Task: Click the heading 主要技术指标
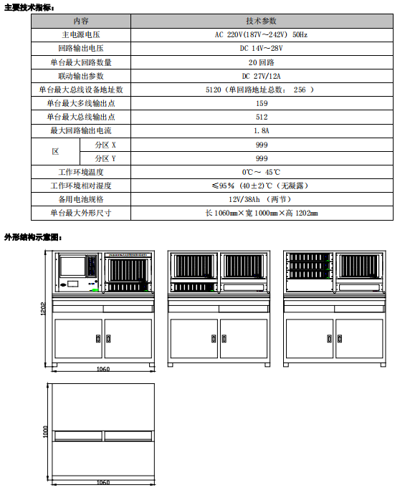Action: click(x=29, y=7)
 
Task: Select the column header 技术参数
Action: click(x=261, y=21)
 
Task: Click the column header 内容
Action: click(x=81, y=21)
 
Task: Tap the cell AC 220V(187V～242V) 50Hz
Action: click(x=261, y=34)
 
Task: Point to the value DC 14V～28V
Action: click(x=261, y=48)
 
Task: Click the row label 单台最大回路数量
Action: click(x=81, y=62)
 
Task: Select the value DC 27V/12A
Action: click(x=261, y=76)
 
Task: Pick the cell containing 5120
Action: click(x=261, y=90)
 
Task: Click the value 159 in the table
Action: click(x=261, y=103)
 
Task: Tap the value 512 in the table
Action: click(x=261, y=117)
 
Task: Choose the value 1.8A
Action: click(x=261, y=131)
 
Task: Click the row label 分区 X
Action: click(x=105, y=145)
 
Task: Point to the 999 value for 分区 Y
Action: click(x=261, y=158)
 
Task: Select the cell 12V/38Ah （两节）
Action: click(x=261, y=199)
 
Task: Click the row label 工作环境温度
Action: click(x=81, y=172)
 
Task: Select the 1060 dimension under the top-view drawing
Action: click(x=103, y=483)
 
